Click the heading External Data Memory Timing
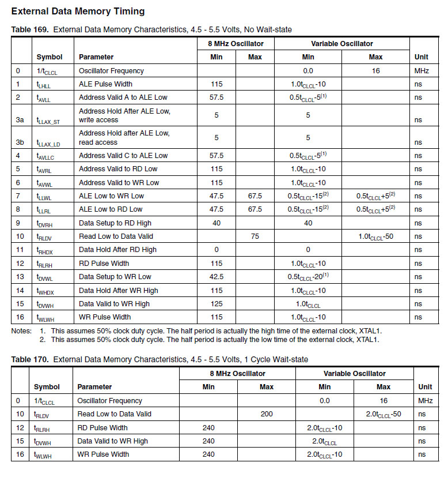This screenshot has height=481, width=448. point(78,11)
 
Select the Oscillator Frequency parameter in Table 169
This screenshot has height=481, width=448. point(111,71)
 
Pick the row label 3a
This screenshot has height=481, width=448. point(20,120)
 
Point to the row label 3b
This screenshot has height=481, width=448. point(20,142)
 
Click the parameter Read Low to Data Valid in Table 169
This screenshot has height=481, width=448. point(115,236)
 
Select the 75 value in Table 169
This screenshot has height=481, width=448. point(255,236)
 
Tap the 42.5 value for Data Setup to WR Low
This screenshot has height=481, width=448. point(217,277)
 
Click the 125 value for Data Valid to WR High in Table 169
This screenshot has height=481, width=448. point(217,304)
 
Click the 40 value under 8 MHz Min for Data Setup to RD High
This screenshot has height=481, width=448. point(217,223)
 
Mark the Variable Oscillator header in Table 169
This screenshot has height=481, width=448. point(341,44)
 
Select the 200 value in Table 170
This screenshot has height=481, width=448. point(266,414)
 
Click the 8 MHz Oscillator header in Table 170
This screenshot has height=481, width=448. point(237,374)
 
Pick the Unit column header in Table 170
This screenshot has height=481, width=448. point(425,387)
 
